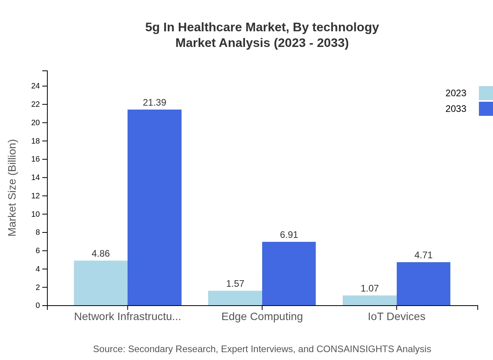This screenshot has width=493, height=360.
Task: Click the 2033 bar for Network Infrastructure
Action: click(155, 207)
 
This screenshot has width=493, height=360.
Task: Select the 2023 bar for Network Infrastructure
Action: click(101, 283)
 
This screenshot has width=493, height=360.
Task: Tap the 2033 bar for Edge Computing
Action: click(289, 274)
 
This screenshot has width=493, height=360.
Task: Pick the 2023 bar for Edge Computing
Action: click(235, 298)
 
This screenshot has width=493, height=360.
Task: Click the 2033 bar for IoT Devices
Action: click(423, 284)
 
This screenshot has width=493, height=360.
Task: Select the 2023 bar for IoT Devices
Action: click(369, 300)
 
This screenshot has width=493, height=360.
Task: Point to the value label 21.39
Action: click(155, 103)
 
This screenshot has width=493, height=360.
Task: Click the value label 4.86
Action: click(101, 254)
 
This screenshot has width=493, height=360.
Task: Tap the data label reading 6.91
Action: click(289, 235)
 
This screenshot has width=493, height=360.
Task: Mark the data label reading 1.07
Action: click(369, 288)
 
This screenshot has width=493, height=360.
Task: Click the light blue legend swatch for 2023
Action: click(486, 93)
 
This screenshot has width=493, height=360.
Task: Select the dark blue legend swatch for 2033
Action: click(486, 109)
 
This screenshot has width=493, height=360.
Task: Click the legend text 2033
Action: click(456, 109)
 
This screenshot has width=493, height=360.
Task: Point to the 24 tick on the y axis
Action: click(36, 86)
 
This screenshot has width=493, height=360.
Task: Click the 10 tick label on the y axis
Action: click(36, 214)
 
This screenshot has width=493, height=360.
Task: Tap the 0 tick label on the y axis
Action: click(38, 306)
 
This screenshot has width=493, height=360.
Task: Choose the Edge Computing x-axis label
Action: click(262, 317)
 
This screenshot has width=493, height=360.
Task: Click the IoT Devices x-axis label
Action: click(396, 317)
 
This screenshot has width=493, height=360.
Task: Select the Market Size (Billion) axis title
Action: click(12, 188)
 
